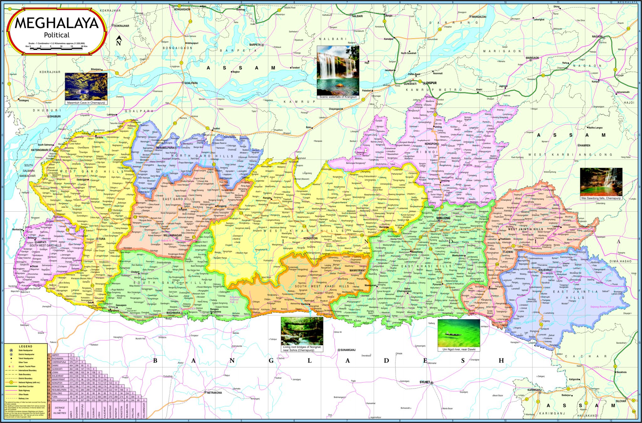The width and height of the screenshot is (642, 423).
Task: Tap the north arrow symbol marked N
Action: [x=118, y=41]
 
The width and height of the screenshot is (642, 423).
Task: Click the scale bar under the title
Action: [x=56, y=46]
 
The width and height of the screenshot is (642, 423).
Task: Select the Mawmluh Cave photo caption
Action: [x=86, y=103]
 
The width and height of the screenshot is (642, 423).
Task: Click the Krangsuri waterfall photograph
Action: [x=338, y=70]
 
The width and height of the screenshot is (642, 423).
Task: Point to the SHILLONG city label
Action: [x=443, y=218]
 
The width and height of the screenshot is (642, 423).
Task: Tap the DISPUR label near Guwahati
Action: [x=431, y=83]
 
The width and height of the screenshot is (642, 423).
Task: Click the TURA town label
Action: [x=102, y=239]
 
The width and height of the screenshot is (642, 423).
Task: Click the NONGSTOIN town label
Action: [x=310, y=238]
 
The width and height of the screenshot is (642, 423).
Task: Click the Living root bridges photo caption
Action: [x=302, y=348]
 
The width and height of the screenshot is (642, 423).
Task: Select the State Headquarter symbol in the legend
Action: [x=11, y=350]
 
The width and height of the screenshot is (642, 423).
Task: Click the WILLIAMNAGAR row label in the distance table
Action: [x=60, y=400]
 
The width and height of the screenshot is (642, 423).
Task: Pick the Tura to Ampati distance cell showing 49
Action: [x=71, y=397]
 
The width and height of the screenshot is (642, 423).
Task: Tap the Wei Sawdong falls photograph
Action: [x=601, y=182]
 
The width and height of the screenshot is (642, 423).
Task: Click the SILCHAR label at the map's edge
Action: [x=621, y=401]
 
